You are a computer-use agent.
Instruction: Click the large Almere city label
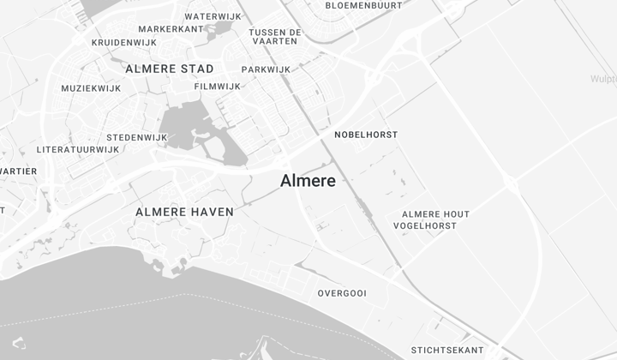click(308, 181)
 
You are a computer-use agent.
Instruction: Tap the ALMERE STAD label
click(169, 68)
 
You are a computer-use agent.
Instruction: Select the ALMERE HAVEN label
click(184, 211)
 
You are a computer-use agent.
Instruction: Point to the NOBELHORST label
click(366, 135)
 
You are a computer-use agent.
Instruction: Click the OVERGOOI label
click(342, 293)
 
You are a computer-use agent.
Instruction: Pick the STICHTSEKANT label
click(446, 350)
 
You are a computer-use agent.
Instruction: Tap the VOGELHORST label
click(424, 225)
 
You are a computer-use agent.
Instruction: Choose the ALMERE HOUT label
click(435, 213)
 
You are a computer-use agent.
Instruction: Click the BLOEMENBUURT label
click(363, 5)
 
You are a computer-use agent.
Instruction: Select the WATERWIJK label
click(213, 15)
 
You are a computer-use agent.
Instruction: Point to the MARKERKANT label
click(171, 28)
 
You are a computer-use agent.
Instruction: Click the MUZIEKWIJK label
click(92, 88)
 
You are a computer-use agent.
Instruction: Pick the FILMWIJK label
click(218, 87)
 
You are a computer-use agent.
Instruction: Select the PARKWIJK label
click(267, 69)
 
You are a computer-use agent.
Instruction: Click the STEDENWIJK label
click(137, 137)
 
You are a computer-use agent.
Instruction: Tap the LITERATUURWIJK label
click(78, 149)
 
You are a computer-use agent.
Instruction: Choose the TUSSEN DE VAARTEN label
click(274, 36)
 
